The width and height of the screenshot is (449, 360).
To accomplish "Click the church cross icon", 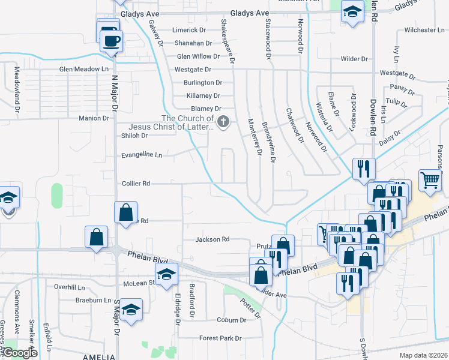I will coord(223,122).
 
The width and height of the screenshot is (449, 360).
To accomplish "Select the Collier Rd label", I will coord(136,183).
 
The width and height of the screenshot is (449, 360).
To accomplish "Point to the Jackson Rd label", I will coord(212,239).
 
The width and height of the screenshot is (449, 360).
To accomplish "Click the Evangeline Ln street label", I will coord(142,155).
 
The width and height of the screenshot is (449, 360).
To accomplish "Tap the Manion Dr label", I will coord(94,118).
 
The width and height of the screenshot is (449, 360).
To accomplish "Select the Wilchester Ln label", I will coord(420,29).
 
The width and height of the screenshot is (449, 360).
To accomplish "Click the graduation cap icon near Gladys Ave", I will coord(352,11).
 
